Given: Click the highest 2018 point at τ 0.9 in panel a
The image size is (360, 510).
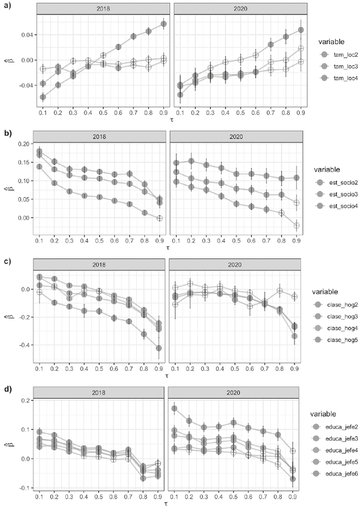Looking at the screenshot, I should (x=164, y=24).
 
